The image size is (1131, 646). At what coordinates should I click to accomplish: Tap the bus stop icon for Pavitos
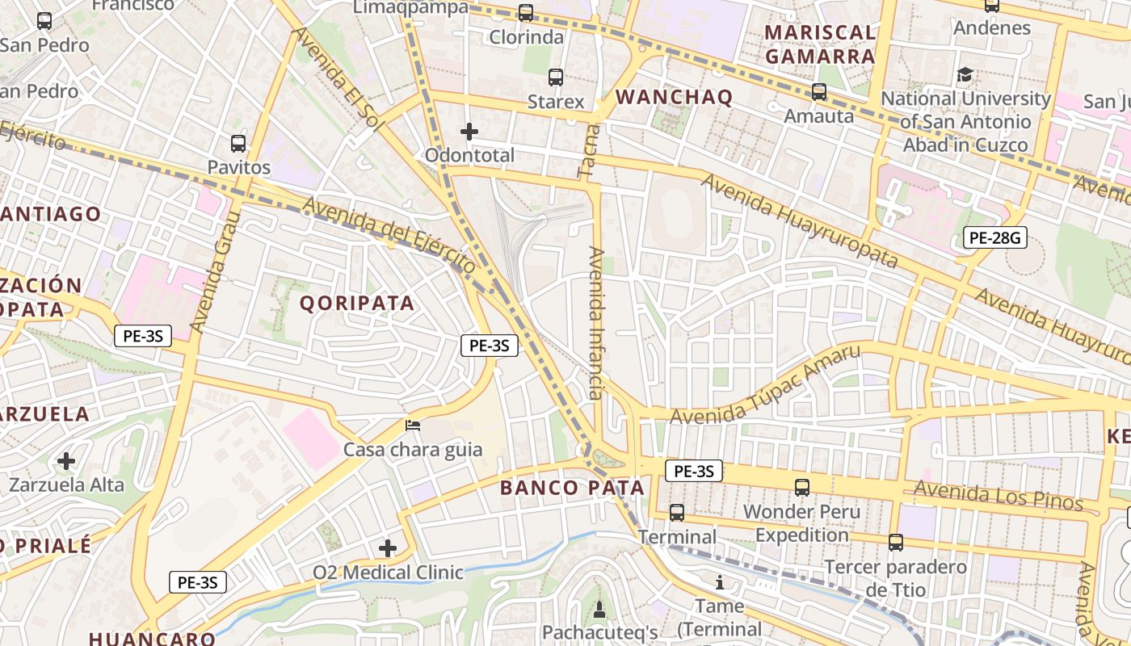point(238,144)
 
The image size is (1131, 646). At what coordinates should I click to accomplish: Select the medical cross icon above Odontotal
point(469,132)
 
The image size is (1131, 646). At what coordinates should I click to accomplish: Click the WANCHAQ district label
point(674,98)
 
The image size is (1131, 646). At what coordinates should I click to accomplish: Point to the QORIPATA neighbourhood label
point(357,304)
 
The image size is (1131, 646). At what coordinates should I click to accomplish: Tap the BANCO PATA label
point(572,488)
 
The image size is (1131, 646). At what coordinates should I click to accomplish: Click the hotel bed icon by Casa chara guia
point(413,425)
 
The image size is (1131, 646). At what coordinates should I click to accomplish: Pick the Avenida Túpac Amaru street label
point(765,385)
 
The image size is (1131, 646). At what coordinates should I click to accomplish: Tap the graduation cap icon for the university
point(965,75)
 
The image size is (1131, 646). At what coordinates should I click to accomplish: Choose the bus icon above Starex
point(556,78)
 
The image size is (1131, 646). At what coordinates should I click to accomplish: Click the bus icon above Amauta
point(819,92)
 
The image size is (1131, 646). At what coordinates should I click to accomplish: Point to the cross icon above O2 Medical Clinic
point(388,549)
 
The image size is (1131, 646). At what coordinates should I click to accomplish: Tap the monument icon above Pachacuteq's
point(599,608)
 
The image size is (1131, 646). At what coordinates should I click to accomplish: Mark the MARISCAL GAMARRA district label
point(820,44)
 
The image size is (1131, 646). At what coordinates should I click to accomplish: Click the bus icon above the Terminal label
point(677,513)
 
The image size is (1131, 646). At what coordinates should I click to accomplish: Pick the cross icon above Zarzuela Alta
point(66,461)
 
